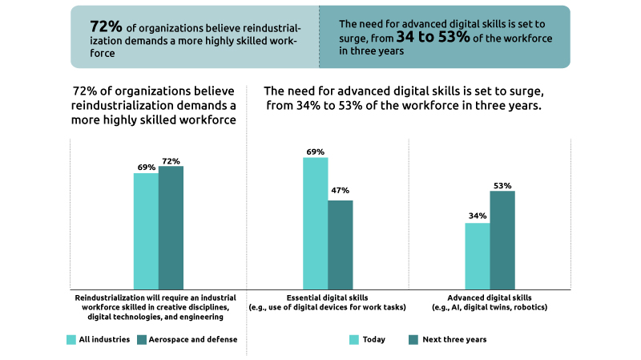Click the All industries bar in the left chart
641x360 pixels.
click(146, 230)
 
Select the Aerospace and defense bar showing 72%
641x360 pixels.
click(171, 227)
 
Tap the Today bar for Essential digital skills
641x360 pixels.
click(315, 223)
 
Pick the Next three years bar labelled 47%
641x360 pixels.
click(340, 244)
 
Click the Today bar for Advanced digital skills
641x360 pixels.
click(477, 255)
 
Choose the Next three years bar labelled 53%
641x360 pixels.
click(502, 239)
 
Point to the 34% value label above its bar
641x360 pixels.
click(477, 216)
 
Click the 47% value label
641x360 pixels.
click(340, 191)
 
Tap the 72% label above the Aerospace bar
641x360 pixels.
click(171, 161)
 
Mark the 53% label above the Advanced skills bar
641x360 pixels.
click(502, 185)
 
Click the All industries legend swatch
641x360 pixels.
click(71, 339)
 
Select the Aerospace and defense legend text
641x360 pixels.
click(192, 339)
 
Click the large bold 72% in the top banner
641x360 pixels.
click(106, 25)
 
